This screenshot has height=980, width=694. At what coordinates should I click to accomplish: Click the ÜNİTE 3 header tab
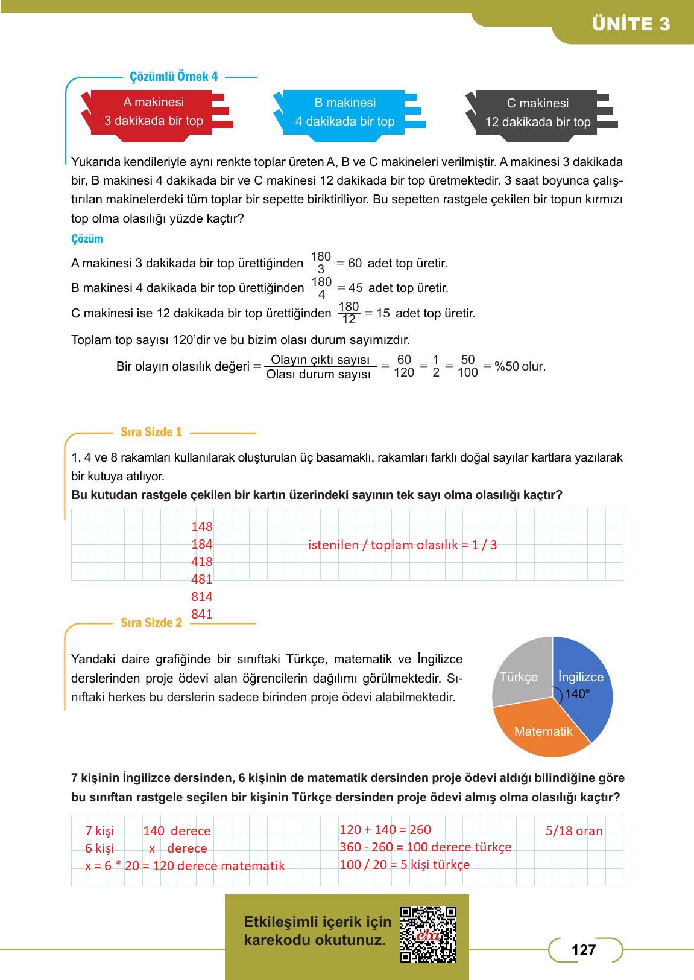(x=631, y=24)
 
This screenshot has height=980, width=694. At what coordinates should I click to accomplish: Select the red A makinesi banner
(x=154, y=112)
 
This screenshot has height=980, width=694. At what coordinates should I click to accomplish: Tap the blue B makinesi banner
(x=345, y=112)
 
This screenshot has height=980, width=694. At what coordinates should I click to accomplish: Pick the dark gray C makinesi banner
(x=537, y=113)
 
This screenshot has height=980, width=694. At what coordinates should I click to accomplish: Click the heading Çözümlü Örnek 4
(x=174, y=77)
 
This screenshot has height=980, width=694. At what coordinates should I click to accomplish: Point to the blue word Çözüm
(x=87, y=239)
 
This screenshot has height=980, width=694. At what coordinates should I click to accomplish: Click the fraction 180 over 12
(x=349, y=313)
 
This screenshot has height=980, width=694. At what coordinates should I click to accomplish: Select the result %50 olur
(x=520, y=366)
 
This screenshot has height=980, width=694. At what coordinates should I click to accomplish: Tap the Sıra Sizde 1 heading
(x=151, y=432)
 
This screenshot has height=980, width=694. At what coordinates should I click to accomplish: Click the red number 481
(x=201, y=579)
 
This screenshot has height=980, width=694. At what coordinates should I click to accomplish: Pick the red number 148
(x=201, y=527)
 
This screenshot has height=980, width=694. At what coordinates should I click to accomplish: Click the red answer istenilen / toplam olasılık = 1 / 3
(x=402, y=545)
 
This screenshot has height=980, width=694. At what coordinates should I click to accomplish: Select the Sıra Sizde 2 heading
(x=151, y=623)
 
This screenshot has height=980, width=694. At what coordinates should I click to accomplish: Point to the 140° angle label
(x=577, y=694)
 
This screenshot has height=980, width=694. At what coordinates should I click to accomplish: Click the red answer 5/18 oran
(x=574, y=831)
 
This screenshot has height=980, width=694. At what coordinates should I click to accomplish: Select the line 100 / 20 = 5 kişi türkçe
(x=405, y=864)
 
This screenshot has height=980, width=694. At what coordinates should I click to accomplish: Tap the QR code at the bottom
(x=428, y=934)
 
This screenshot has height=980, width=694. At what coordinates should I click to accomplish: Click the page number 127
(x=583, y=950)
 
